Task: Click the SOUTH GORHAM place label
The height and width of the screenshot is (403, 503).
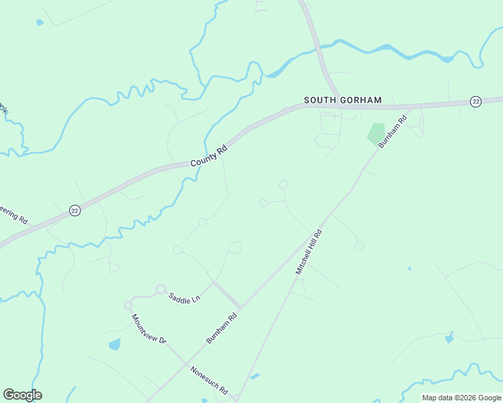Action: point(342,100)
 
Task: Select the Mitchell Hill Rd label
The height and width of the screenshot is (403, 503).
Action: point(309,252)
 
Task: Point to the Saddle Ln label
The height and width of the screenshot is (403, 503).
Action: point(184,298)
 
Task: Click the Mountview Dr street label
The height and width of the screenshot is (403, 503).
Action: point(149,329)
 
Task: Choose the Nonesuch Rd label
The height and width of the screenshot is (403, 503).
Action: point(209,380)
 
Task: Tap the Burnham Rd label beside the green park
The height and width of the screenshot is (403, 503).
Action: point(393,132)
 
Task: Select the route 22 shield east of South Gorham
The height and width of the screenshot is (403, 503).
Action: point(476,101)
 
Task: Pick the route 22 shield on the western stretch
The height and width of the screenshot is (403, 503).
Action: point(75,210)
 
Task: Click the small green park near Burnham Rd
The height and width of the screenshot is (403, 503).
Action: point(376,133)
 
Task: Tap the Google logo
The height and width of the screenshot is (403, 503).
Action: point(22,395)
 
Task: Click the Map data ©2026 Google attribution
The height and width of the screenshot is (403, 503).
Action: point(461,398)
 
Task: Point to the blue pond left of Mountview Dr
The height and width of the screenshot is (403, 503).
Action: point(114,345)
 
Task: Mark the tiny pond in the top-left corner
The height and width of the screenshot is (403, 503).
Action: point(40,22)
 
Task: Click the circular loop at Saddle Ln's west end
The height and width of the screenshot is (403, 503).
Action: point(161,289)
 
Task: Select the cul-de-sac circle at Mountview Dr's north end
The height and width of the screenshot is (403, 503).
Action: point(128,305)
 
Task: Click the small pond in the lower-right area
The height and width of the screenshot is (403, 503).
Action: point(449,338)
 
